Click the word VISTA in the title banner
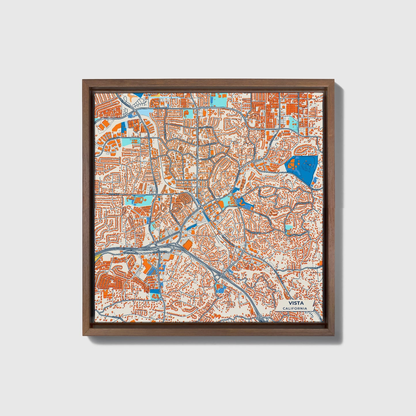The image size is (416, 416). pos(294,303)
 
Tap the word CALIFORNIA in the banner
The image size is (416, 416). pos(294,308)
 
